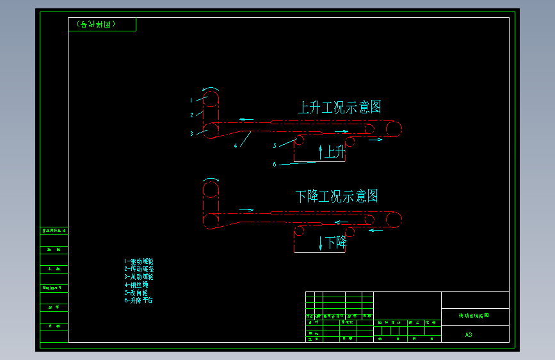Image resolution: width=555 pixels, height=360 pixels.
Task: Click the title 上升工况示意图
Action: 339,108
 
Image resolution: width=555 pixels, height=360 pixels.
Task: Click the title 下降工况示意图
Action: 337,196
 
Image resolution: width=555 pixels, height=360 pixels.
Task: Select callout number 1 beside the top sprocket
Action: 191,101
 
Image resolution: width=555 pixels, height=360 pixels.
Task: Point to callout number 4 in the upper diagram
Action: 236,145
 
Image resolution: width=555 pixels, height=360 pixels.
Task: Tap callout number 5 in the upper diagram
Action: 275,146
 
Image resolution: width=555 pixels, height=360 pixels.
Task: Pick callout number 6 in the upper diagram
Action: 275,165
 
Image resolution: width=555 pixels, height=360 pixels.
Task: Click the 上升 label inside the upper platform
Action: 335,152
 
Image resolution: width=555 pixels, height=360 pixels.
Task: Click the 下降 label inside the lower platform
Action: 335,243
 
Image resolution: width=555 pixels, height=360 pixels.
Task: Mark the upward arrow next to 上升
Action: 320,152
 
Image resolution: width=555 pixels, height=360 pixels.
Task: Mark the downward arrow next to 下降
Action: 321,243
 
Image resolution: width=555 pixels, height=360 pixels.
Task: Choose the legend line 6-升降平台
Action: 138,300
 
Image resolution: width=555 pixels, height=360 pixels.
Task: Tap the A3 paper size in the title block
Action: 469,334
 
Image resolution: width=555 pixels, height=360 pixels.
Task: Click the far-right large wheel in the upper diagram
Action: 394,129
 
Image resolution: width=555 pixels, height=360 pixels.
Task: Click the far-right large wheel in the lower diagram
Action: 394,220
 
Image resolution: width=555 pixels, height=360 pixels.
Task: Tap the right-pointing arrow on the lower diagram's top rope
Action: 246,209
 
